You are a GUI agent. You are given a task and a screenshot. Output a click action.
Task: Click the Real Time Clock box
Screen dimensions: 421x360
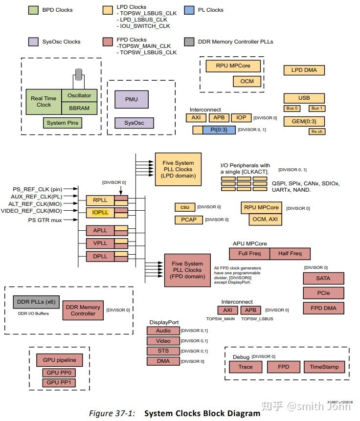click(44, 102)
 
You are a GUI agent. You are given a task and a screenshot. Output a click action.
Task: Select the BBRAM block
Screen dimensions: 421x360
click(79, 108)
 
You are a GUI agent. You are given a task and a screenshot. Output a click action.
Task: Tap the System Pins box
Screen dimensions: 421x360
click(63, 123)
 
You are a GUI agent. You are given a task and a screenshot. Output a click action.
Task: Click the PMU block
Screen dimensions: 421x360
click(131, 99)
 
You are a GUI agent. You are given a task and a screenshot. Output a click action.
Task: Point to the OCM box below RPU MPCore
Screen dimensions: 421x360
click(247, 81)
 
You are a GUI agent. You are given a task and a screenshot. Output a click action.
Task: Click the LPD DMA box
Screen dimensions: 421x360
click(304, 70)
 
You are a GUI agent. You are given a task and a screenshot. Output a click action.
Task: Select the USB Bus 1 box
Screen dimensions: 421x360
click(317, 108)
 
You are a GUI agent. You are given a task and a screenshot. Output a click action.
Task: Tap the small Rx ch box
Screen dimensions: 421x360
click(317, 132)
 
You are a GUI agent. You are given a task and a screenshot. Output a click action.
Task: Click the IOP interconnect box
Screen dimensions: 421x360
click(241, 118)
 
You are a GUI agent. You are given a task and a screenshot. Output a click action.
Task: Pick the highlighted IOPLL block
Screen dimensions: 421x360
click(100, 213)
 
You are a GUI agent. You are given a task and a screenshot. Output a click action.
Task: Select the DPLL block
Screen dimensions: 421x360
click(100, 256)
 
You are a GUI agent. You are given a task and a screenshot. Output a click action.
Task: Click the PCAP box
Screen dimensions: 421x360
click(188, 220)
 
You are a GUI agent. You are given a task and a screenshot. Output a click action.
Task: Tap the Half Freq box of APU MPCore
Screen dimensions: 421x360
click(290, 253)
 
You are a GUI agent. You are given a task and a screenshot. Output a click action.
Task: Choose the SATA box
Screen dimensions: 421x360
click(323, 278)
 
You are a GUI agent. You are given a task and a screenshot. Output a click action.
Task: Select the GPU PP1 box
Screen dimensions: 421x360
click(59, 382)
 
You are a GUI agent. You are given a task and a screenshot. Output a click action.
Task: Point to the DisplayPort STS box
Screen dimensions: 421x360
click(163, 351)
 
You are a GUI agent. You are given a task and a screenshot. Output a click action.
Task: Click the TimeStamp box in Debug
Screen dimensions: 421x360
click(324, 367)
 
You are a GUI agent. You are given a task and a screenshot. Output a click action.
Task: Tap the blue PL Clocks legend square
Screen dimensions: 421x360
click(190, 10)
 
